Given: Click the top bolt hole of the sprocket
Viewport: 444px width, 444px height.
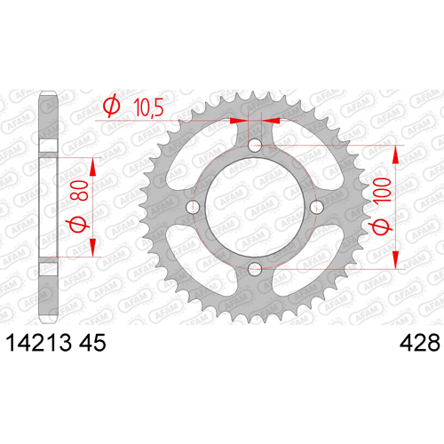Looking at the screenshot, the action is pos(255,145).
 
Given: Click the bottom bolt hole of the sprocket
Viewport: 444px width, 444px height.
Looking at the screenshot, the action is pos(255,269).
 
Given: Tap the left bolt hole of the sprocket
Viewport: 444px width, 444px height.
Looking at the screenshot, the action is pos(193,207).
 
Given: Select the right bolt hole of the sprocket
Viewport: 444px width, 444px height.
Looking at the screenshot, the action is pos(316,207).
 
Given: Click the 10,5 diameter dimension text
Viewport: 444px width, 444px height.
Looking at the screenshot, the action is pos(148,107).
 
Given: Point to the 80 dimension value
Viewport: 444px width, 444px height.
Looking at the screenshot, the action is pos(80,191).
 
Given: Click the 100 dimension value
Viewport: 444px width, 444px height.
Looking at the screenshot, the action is pos(383,190).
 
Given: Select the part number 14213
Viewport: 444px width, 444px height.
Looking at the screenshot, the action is pos(39,343).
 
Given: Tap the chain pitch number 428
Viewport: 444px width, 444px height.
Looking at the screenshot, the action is pos(420,343).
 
